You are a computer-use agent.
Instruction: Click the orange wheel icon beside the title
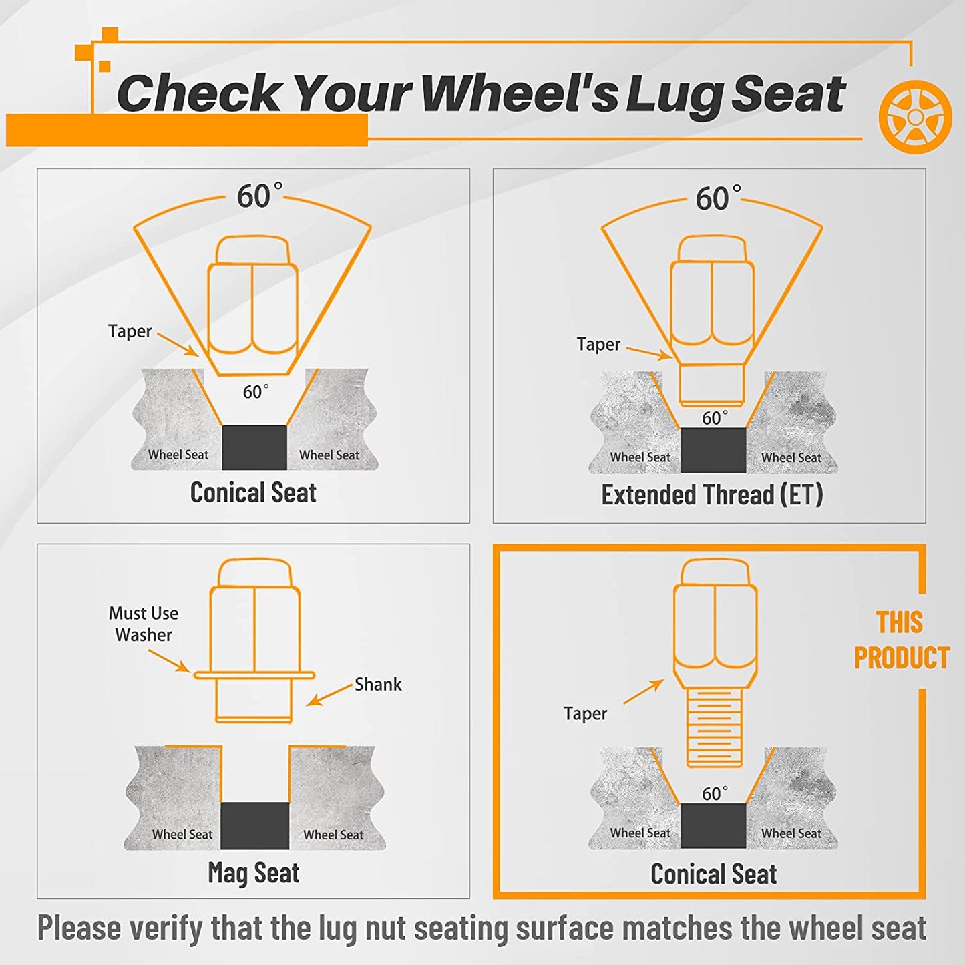915,116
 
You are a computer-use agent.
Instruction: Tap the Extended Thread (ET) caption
712,495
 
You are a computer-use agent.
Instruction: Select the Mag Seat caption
253,874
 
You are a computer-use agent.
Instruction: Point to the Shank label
378,684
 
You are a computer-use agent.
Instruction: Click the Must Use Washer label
144,624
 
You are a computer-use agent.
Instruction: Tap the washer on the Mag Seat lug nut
254,675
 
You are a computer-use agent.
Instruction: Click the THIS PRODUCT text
902,640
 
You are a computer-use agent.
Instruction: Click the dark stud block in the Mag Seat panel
255,826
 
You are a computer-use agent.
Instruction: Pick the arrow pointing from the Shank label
329,695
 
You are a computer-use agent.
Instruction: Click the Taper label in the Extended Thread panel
598,345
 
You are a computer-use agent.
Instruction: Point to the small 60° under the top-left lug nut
255,391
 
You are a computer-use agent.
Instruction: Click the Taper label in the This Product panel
586,714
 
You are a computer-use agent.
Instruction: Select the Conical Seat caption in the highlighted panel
714,874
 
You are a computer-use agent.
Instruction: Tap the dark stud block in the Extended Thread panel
714,449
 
